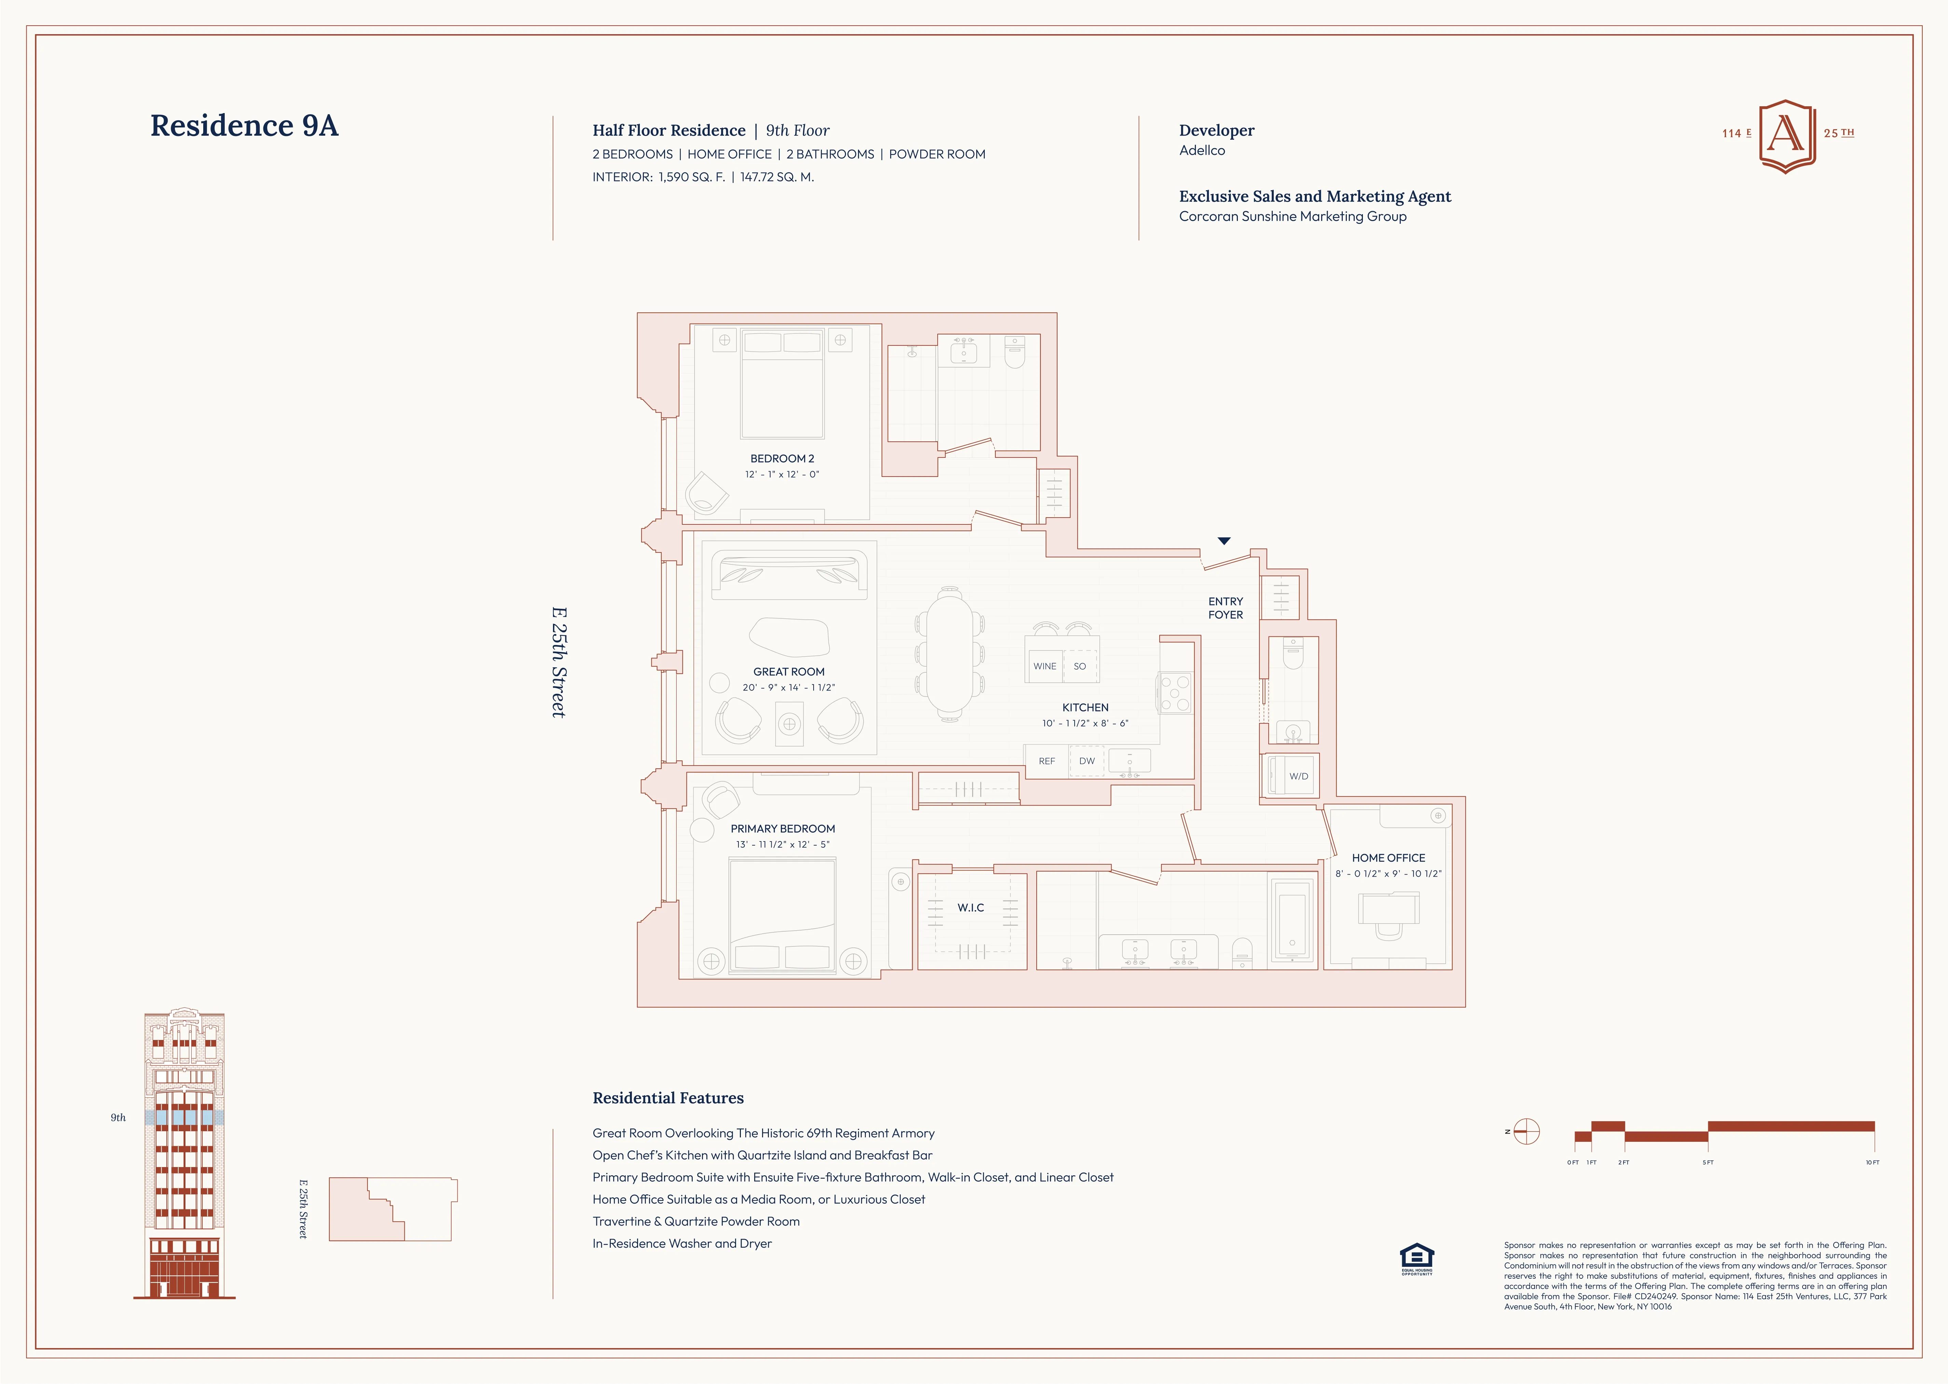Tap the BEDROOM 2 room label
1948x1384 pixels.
click(782, 458)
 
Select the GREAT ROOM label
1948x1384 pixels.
click(788, 672)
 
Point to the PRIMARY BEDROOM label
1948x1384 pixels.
click(782, 828)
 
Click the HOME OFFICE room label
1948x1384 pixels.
click(1388, 857)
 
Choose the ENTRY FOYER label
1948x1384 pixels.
click(1225, 608)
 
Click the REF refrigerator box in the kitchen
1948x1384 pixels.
click(1047, 761)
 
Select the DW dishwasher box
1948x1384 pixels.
click(1087, 761)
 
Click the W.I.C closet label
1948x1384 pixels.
click(971, 908)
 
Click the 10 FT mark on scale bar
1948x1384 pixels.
click(1872, 1162)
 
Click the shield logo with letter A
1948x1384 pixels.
click(1787, 135)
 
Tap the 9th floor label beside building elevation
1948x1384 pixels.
click(119, 1117)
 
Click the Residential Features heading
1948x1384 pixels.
click(668, 1098)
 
